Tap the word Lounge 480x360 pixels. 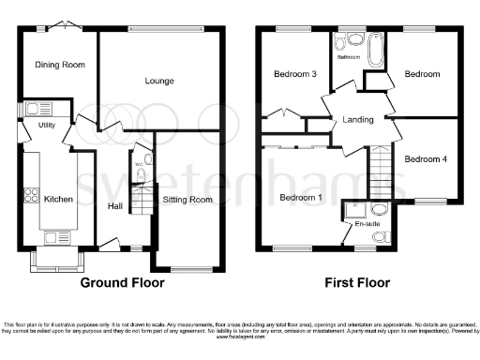(x=159, y=81)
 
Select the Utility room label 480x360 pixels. (x=46, y=125)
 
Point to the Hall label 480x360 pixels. (x=115, y=206)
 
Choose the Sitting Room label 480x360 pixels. (x=188, y=199)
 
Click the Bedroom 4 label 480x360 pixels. (x=426, y=159)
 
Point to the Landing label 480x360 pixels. (x=357, y=119)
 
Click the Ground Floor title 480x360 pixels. (x=122, y=282)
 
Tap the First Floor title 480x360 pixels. (x=357, y=282)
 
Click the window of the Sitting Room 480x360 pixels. (x=191, y=269)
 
